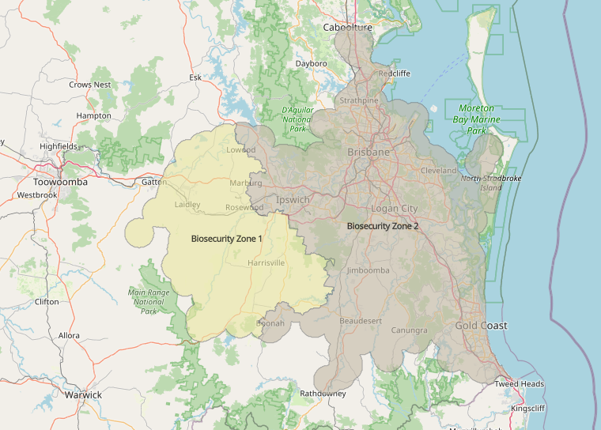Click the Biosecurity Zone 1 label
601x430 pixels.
pyautogui.click(x=226, y=238)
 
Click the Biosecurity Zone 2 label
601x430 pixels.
pyautogui.click(x=383, y=226)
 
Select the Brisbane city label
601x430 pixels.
pyautogui.click(x=369, y=152)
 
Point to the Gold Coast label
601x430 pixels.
pyautogui.click(x=481, y=326)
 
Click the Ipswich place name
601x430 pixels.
pyautogui.click(x=293, y=200)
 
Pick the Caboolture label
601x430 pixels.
pyautogui.click(x=348, y=28)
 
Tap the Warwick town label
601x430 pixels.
pyautogui.click(x=83, y=394)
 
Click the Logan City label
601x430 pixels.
pyautogui.click(x=394, y=209)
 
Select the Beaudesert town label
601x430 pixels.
pyautogui.click(x=361, y=321)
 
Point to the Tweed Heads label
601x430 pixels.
pyautogui.click(x=519, y=384)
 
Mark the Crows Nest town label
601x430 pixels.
pyautogui.click(x=90, y=85)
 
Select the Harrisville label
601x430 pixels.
pyautogui.click(x=266, y=262)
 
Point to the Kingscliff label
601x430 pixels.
pyautogui.click(x=528, y=409)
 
